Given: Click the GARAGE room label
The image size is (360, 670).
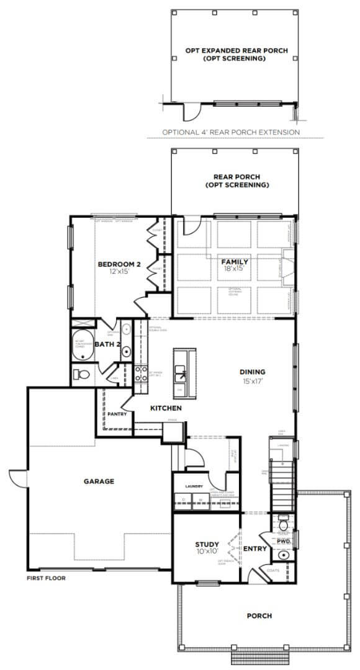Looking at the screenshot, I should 99,481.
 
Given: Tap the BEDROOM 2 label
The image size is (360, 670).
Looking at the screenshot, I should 119,264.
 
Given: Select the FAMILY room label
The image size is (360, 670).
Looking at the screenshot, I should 235,262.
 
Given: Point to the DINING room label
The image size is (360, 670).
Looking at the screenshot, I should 253,372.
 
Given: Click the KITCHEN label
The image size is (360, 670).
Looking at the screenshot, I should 166,408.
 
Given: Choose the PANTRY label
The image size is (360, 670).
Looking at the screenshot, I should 117,413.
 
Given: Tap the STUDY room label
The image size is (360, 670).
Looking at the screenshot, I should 207,545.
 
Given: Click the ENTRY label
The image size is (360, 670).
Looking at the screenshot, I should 255,548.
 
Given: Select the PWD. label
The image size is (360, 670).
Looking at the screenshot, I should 284,541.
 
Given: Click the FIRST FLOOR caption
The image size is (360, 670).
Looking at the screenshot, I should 46,578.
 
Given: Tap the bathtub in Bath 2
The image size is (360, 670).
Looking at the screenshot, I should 81,349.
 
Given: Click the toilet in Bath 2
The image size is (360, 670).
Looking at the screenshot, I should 81,373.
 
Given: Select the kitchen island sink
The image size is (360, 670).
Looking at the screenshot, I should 182,372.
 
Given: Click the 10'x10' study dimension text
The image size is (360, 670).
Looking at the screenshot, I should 207,553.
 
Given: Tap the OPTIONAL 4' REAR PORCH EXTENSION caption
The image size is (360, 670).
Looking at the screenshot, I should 231,132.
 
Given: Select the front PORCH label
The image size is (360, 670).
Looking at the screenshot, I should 259,616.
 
